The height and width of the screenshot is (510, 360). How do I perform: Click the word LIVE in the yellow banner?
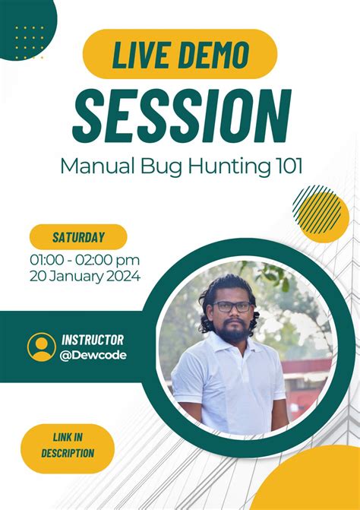point(141,55)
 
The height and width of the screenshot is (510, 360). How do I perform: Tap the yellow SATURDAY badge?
point(78,237)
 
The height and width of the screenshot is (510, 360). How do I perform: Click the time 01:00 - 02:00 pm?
point(85,260)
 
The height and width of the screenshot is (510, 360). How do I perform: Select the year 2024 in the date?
point(121,277)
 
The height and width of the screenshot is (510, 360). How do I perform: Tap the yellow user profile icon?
point(41,347)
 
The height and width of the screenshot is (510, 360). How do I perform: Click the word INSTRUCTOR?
point(93,340)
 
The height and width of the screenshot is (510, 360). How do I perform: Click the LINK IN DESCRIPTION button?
point(68,445)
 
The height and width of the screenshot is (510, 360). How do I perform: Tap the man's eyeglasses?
point(232,306)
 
